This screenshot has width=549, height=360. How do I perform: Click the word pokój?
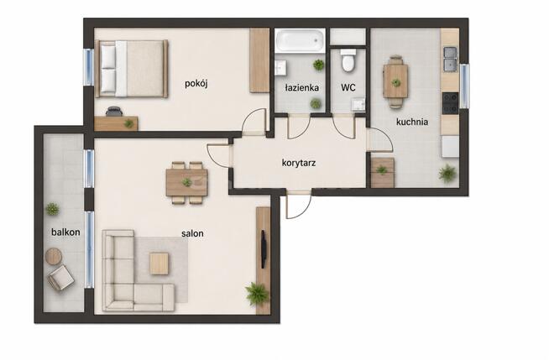[x=196, y=84]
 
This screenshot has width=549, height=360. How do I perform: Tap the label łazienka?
[x=302, y=87]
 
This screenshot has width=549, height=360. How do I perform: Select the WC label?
[x=348, y=87]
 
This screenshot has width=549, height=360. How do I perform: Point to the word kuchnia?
[x=412, y=122]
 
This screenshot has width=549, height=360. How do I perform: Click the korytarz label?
[x=299, y=163]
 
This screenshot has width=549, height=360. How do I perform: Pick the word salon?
[x=192, y=233]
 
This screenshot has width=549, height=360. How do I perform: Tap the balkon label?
[x=65, y=232]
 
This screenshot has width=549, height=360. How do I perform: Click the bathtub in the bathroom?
[x=300, y=40]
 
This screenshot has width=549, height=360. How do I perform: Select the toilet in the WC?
[x=348, y=60]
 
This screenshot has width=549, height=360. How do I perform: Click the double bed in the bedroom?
[x=132, y=69]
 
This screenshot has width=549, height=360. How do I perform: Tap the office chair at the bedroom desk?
[x=114, y=112]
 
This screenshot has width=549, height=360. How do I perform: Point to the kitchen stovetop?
[x=450, y=103]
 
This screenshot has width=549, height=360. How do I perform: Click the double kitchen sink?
[x=450, y=59]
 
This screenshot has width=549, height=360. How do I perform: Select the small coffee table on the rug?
[x=159, y=263]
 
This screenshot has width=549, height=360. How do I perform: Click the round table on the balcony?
[x=54, y=257]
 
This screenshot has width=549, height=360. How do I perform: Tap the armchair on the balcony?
[x=61, y=278]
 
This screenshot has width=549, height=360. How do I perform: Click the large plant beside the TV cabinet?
[x=258, y=293]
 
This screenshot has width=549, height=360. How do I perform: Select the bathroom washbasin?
[x=280, y=67]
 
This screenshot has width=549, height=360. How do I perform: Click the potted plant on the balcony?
[x=52, y=209]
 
